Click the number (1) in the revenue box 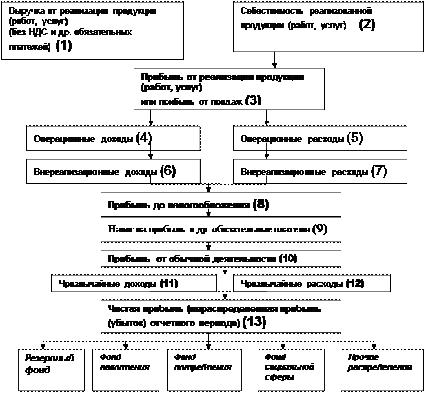click(63, 47)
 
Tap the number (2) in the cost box click(367, 25)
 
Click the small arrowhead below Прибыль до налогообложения click(208, 214)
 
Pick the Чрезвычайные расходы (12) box click(312, 283)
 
